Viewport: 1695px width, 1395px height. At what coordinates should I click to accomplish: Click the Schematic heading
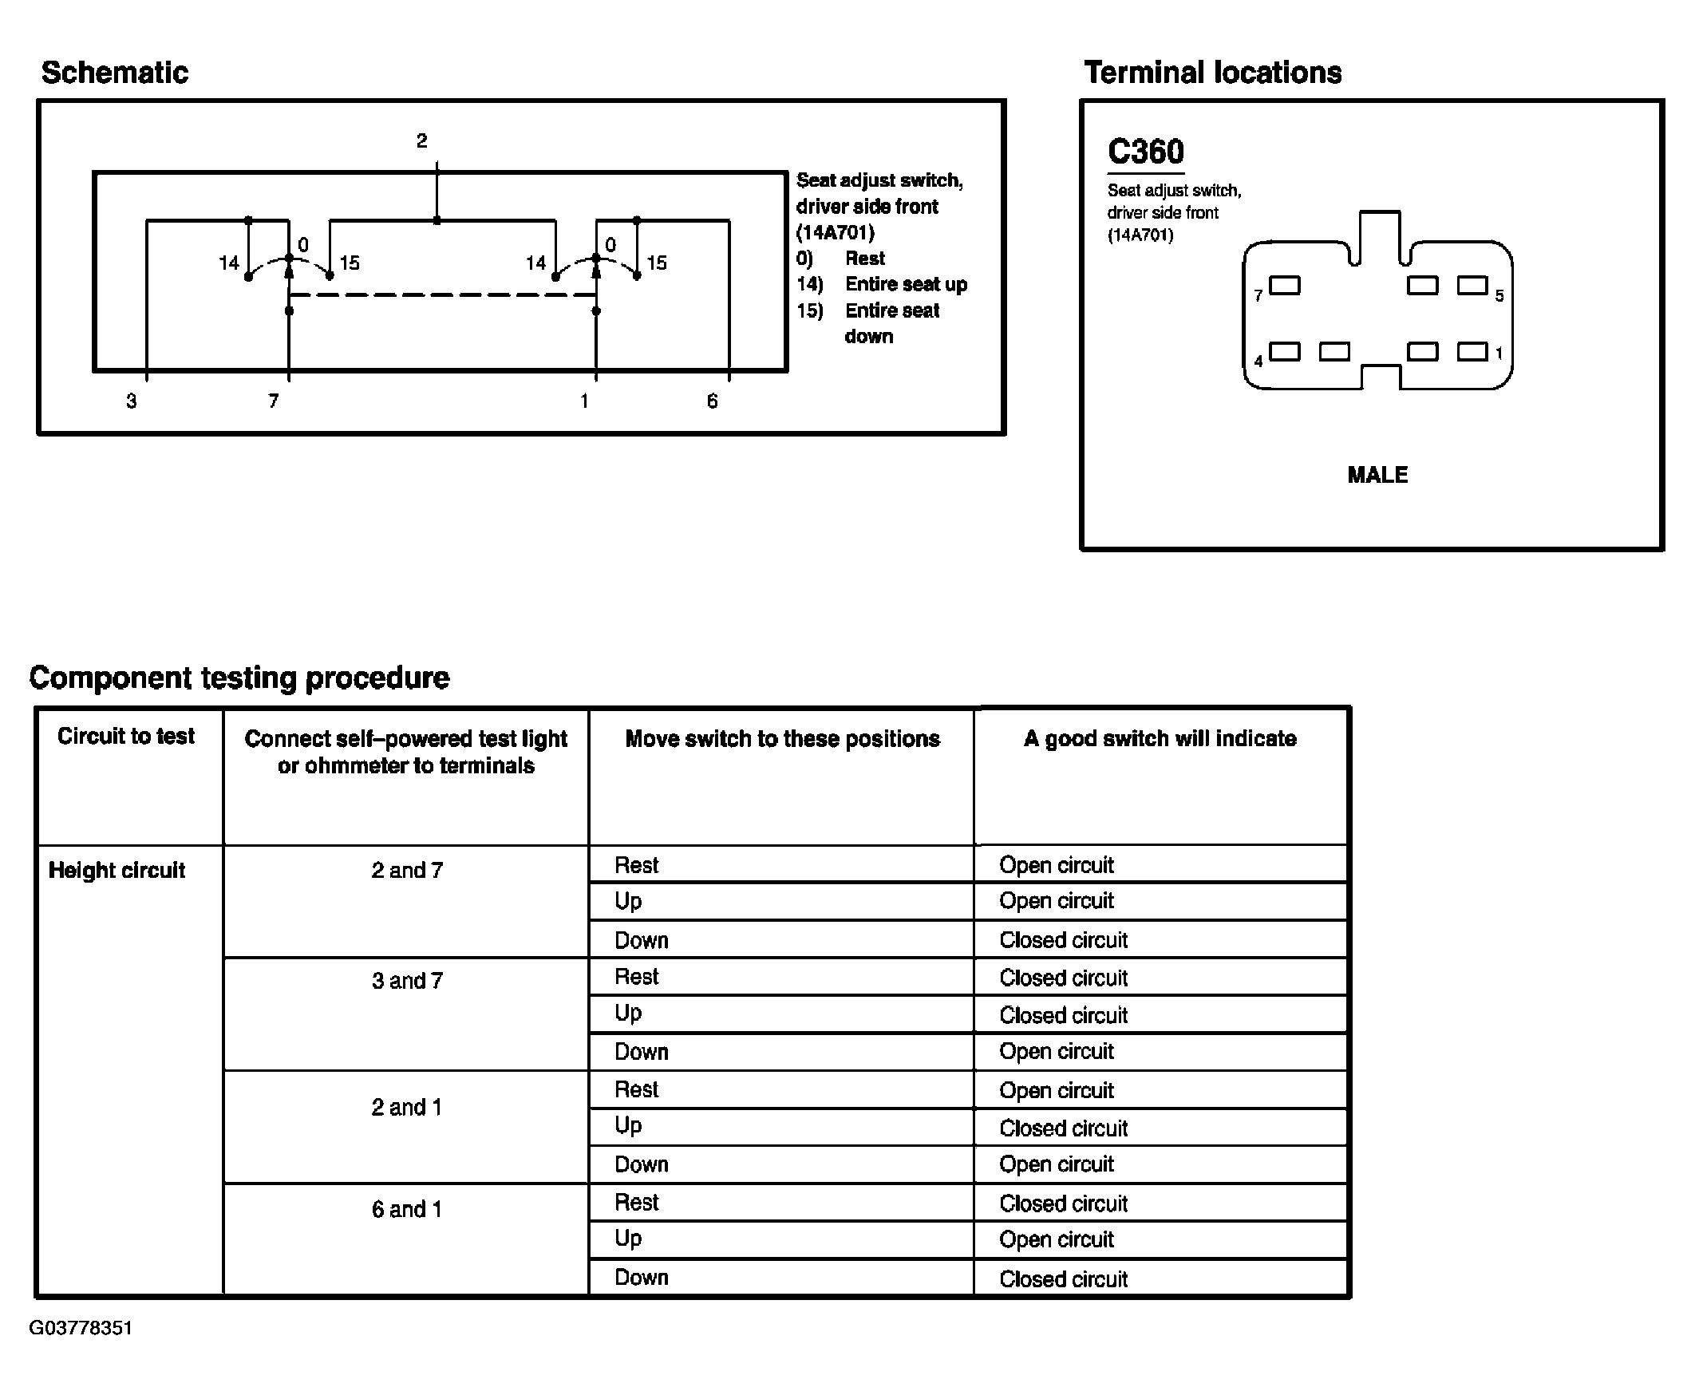(115, 73)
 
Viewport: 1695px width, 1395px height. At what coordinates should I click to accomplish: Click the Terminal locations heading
(1212, 73)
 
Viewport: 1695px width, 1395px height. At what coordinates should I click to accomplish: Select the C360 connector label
(1144, 152)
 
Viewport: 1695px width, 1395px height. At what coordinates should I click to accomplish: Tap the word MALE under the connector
(1377, 475)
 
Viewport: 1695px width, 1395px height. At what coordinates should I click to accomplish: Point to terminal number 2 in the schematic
(421, 141)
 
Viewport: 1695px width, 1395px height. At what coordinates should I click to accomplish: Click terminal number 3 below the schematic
(132, 401)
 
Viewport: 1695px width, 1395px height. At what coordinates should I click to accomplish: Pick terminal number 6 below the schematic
(712, 401)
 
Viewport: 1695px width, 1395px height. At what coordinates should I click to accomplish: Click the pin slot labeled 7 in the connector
(1285, 286)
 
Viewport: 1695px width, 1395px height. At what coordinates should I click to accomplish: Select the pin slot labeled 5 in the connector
(1472, 286)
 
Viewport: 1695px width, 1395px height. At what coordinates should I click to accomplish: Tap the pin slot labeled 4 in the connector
(1285, 352)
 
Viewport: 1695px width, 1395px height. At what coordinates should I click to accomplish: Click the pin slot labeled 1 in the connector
(1472, 352)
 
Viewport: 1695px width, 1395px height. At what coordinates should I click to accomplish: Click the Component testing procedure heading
(239, 678)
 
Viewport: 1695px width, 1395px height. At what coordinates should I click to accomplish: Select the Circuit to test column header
(126, 736)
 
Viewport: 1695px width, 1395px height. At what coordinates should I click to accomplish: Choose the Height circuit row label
(117, 870)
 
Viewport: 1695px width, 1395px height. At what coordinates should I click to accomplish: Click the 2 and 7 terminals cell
(406, 870)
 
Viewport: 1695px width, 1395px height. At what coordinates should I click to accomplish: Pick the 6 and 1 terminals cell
(406, 1209)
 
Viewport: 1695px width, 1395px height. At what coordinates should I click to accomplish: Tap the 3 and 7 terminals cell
(406, 980)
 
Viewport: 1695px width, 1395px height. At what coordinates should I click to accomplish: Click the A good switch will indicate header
(1160, 738)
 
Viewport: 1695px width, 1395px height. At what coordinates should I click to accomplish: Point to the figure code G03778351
(81, 1327)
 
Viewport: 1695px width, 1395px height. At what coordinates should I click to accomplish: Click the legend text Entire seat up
(905, 284)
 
